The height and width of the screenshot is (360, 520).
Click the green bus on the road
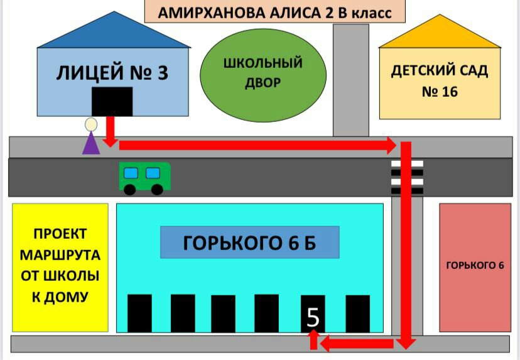144,177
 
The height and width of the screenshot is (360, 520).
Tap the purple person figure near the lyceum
91,138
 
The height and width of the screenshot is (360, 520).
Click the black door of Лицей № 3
112,102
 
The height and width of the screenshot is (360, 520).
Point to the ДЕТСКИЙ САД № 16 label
440,81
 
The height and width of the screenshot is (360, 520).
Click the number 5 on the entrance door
313,319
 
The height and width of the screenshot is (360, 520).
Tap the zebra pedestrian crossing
407,176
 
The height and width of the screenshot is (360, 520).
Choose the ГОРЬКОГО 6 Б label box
249,243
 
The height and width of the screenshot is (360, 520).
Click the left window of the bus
131,173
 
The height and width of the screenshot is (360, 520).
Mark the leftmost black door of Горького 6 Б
139,313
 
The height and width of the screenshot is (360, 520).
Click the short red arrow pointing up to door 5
312,339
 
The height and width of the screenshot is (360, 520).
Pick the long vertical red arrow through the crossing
406,245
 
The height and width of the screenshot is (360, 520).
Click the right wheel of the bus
157,188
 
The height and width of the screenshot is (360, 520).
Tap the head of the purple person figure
91,124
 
